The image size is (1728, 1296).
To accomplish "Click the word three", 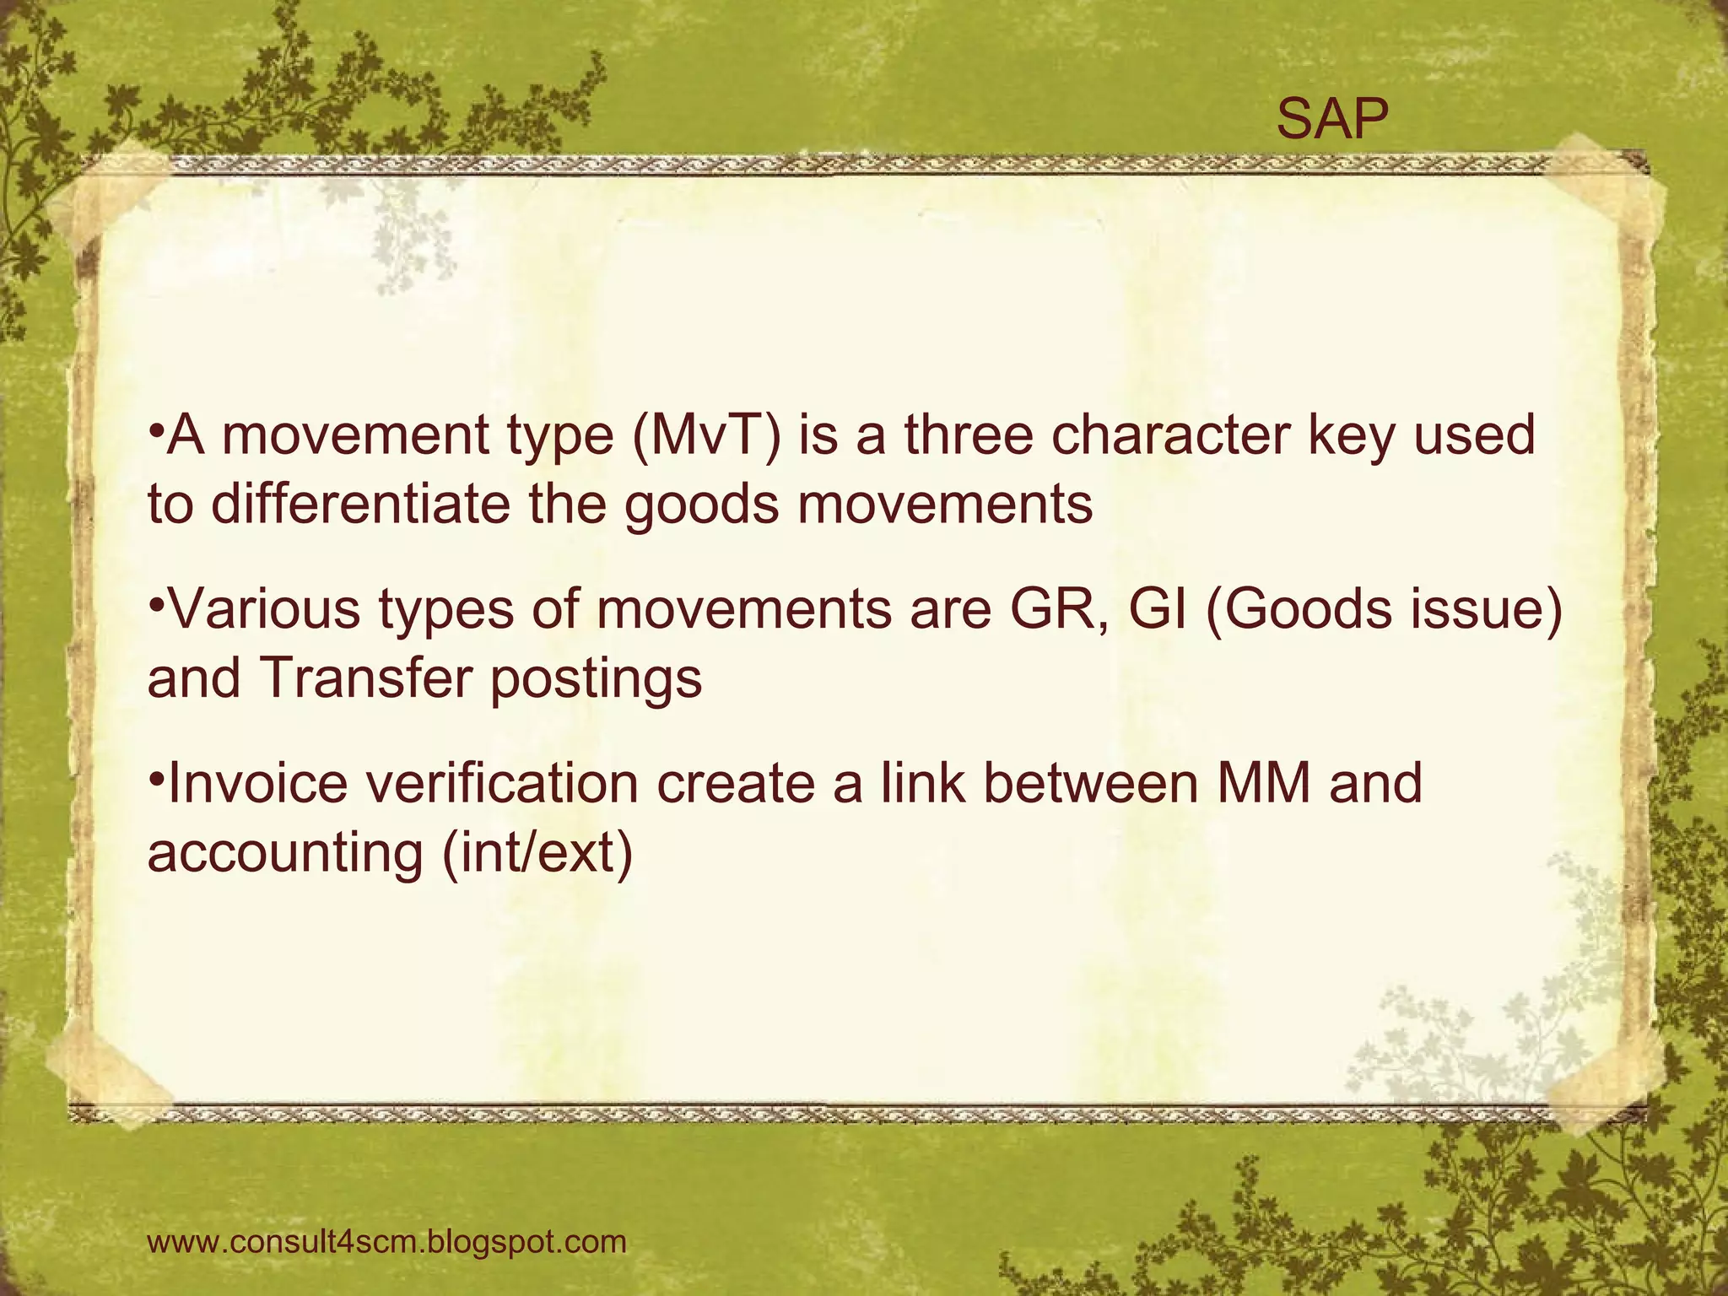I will (969, 435).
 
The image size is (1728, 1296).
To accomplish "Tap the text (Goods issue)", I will (1384, 610).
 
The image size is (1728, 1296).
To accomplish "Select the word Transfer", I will (365, 678).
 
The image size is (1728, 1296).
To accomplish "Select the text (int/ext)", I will (537, 852).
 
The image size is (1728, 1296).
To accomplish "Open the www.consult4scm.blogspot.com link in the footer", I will (387, 1243).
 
